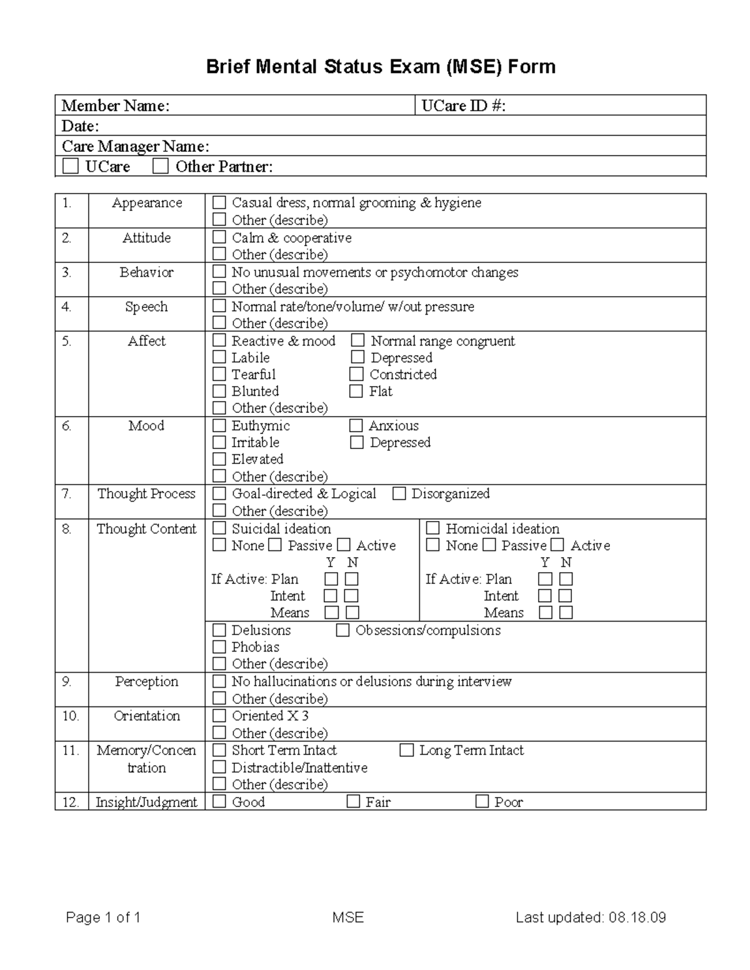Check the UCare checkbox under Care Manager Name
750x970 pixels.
[71, 166]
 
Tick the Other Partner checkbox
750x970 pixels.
[161, 166]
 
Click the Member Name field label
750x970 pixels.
[115, 106]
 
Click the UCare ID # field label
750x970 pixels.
[463, 106]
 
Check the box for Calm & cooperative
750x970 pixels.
[219, 237]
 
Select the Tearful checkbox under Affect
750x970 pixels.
[219, 374]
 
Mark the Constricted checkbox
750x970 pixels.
[356, 374]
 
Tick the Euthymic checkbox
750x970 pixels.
[219, 425]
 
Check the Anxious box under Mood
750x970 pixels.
[356, 425]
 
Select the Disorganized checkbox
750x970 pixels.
[399, 493]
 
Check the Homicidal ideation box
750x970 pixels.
[432, 528]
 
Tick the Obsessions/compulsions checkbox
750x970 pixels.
[342, 630]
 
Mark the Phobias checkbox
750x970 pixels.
[219, 647]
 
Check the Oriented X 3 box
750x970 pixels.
[219, 716]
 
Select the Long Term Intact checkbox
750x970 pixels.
[407, 750]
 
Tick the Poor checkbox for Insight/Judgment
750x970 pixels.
[482, 801]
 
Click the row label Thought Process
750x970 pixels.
[146, 493]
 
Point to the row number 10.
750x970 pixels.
[71, 716]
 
